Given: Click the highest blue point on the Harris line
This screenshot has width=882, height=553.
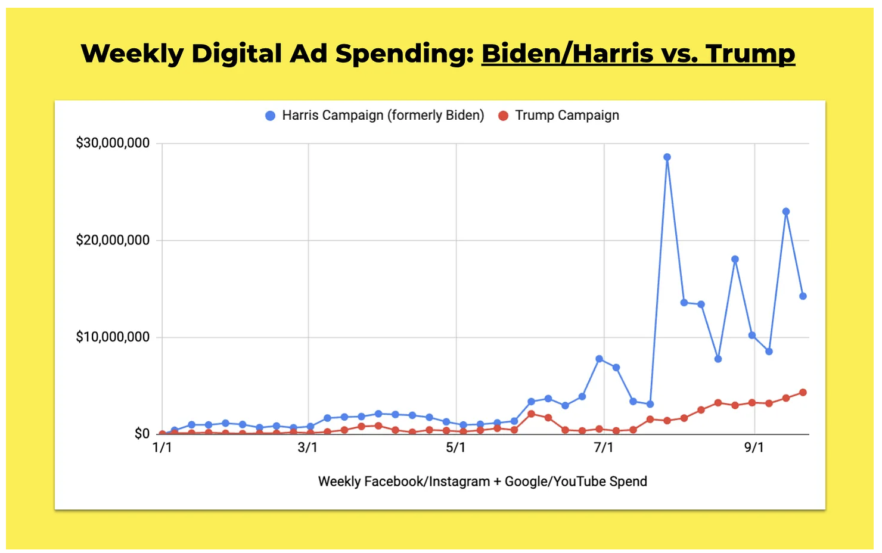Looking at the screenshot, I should [x=667, y=157].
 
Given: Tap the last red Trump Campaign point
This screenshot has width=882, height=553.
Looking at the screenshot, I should [x=803, y=393].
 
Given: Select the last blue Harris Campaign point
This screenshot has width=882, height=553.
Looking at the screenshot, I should [x=803, y=296].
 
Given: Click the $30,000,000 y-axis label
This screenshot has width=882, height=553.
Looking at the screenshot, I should [x=113, y=144].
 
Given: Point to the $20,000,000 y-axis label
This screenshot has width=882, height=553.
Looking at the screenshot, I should [x=113, y=241].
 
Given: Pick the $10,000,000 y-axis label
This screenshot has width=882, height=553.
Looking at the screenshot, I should [x=113, y=337].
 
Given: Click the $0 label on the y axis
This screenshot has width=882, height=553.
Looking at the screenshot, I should [x=142, y=434].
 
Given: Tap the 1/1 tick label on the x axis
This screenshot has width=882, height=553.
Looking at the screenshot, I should [x=162, y=448].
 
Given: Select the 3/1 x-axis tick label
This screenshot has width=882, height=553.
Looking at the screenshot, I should [x=308, y=448].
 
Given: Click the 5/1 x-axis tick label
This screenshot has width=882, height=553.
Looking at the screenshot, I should [x=456, y=448].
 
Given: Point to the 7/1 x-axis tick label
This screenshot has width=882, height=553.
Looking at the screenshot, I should [x=604, y=448].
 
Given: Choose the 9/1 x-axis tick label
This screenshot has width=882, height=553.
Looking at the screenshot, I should [x=754, y=448].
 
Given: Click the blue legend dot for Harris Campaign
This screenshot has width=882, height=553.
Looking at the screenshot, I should [x=271, y=116].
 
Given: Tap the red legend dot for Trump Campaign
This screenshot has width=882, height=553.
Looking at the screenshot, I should [x=504, y=116].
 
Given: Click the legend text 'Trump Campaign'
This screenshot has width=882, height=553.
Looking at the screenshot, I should [x=567, y=116].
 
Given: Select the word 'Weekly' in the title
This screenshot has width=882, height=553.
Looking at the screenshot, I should [x=132, y=54].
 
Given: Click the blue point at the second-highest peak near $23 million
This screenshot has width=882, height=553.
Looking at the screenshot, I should [x=786, y=212].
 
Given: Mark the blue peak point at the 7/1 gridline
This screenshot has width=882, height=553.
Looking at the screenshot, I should [x=600, y=359].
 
